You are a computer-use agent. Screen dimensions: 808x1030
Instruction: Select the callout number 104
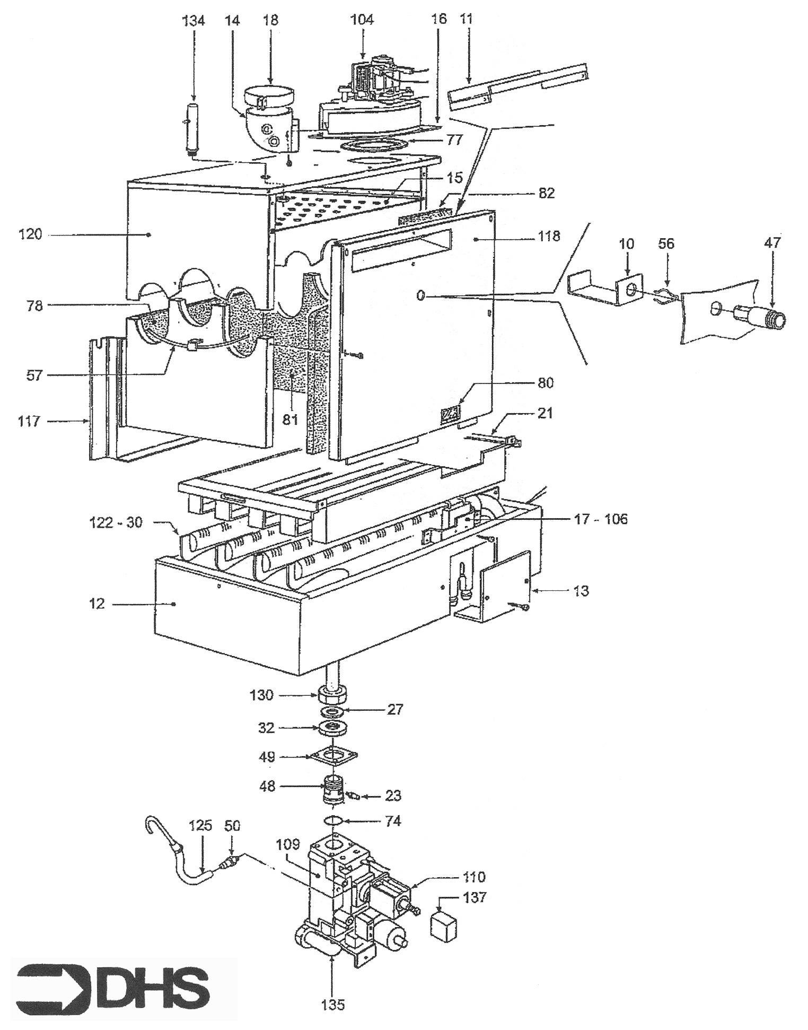point(363,20)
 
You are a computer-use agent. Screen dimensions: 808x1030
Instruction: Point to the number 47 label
point(772,243)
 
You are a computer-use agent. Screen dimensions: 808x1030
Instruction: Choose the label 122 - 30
point(116,522)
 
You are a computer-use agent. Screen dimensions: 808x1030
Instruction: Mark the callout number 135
point(332,1005)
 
